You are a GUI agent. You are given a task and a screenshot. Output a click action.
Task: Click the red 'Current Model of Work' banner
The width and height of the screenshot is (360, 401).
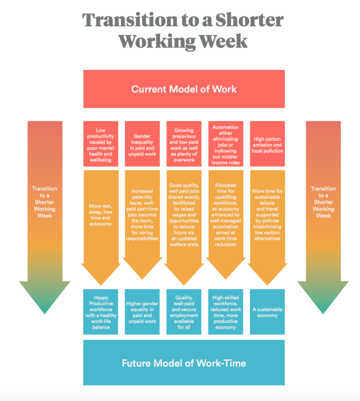[184, 89]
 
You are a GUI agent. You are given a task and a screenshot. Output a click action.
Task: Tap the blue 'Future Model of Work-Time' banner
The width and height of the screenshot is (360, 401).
[184, 363]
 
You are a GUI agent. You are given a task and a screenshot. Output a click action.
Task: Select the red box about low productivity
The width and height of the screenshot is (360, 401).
[100, 145]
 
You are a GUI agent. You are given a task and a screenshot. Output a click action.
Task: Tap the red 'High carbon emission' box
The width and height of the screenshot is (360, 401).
[267, 145]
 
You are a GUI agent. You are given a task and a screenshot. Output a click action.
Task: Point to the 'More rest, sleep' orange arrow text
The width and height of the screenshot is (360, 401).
[100, 214]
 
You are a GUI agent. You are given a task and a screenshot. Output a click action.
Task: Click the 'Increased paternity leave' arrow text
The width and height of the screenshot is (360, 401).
[142, 214]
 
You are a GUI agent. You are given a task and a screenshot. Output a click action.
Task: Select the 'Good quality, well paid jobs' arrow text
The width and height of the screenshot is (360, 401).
[184, 214]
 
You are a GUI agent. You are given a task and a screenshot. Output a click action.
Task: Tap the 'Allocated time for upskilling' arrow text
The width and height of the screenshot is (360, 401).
[225, 214]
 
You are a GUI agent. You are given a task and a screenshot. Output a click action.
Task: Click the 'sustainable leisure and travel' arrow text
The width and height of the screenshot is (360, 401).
[267, 214]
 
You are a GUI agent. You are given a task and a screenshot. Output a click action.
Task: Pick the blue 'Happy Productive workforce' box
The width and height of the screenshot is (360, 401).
[100, 312]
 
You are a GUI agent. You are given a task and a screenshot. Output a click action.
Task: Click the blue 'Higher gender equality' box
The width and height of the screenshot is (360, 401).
[142, 312]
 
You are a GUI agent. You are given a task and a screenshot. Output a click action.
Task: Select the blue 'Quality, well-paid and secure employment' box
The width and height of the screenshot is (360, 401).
[184, 312]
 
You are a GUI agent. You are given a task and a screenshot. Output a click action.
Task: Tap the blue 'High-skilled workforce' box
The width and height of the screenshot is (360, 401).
[225, 312]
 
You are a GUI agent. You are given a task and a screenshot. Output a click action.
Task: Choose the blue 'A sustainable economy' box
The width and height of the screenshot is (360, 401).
[267, 312]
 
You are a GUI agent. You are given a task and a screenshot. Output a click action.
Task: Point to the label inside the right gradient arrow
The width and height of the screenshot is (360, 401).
[323, 202]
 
